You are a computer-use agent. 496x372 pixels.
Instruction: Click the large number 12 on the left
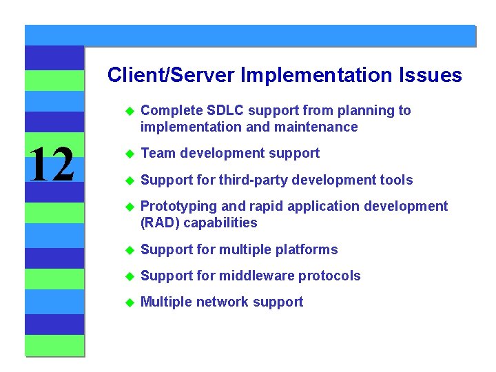[x=52, y=165]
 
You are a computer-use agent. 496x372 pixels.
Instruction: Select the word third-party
[x=251, y=180]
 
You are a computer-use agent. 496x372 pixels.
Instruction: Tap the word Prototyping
[x=176, y=206]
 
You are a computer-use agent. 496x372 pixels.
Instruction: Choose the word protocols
[x=329, y=276]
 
